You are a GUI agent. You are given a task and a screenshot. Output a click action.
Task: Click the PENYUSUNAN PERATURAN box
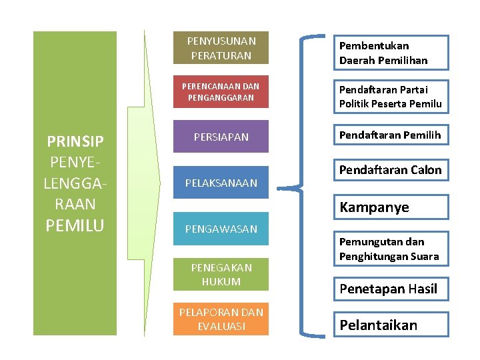(x=220, y=48)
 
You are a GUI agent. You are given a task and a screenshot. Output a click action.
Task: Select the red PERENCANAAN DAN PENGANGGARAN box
(x=220, y=92)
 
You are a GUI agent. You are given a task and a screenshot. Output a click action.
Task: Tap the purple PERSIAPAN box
(x=220, y=137)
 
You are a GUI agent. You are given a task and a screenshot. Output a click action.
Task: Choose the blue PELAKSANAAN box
(x=220, y=183)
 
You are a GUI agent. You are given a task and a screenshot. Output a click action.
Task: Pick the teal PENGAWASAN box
(x=220, y=229)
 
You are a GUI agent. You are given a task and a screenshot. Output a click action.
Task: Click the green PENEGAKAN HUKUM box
(x=220, y=274)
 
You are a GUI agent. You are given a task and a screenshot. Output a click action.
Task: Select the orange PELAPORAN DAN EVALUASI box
(x=220, y=319)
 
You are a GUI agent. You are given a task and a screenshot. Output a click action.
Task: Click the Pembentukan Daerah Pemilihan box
(x=391, y=53)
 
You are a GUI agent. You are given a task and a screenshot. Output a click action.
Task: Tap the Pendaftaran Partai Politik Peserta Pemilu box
(x=391, y=96)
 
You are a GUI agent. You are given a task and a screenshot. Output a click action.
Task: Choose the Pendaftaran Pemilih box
(x=391, y=135)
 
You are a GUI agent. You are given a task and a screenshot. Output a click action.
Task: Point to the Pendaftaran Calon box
(x=391, y=170)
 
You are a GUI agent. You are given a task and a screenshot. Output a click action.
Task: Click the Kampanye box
(x=391, y=207)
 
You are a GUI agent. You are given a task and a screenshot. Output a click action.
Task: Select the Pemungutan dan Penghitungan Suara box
(x=391, y=249)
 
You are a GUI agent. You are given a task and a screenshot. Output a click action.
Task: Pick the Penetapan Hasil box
(x=391, y=289)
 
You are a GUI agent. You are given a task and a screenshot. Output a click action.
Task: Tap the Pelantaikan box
(x=391, y=325)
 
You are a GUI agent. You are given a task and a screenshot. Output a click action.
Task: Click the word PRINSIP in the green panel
(x=75, y=142)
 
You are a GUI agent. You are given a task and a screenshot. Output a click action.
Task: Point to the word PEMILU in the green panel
(x=75, y=225)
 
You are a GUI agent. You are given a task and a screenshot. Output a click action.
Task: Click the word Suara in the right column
(x=424, y=256)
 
